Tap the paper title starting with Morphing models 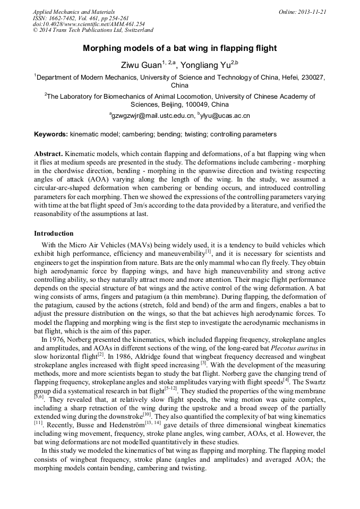click(179, 48)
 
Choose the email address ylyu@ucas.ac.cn click(225, 115)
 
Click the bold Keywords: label click(51, 134)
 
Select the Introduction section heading click(54, 233)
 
